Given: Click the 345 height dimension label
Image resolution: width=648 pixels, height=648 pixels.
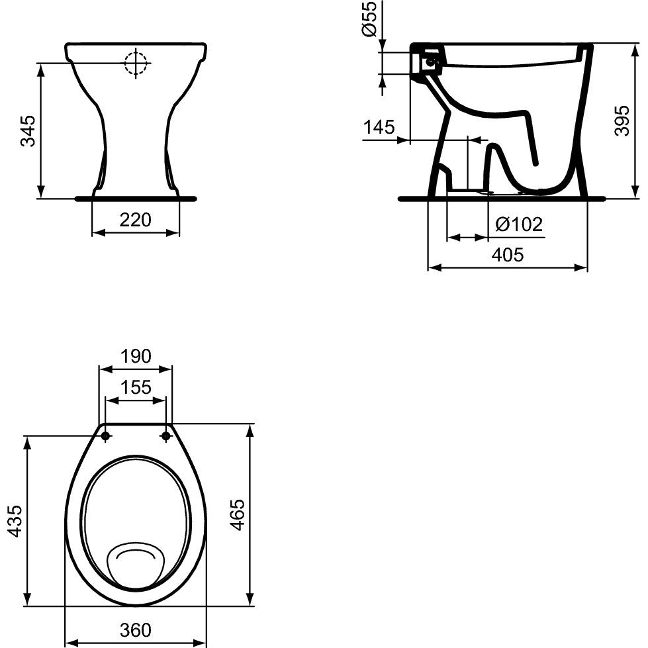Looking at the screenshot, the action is click(28, 131).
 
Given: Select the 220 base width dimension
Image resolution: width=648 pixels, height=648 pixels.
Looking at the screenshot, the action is click(135, 220).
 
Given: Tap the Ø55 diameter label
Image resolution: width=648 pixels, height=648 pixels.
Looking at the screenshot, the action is click(370, 19).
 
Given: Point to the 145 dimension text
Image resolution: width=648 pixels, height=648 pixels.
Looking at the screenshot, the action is click(379, 127).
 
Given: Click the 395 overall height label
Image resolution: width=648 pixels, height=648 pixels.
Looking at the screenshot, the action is click(622, 120).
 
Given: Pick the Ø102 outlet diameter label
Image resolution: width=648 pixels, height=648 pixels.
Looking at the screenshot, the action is click(519, 224).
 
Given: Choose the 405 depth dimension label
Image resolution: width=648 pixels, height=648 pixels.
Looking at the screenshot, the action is click(508, 255).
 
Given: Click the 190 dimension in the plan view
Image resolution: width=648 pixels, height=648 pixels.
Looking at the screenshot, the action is click(136, 356).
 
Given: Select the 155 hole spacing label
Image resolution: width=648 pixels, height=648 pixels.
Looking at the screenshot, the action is click(136, 387).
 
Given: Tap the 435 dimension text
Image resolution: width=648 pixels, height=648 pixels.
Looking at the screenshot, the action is click(15, 521).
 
